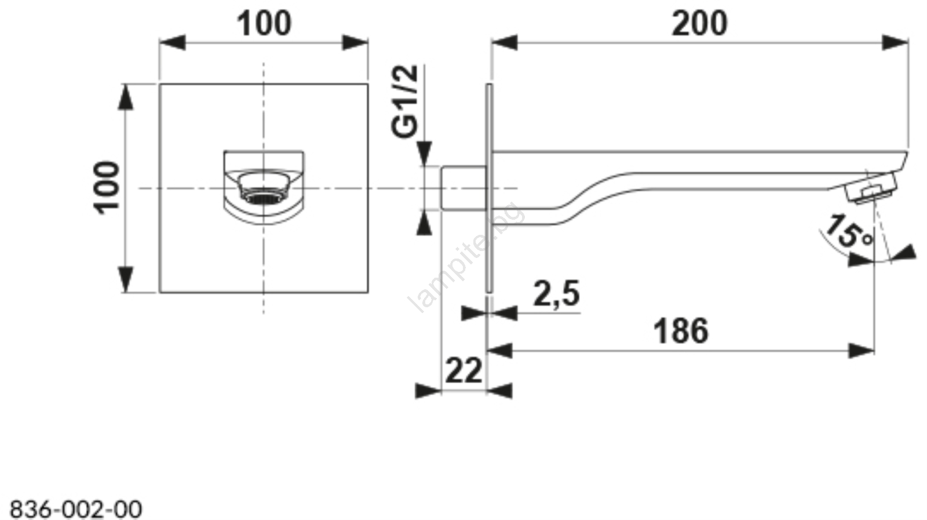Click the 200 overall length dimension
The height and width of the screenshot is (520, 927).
tap(699, 24)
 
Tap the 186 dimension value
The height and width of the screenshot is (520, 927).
tap(681, 331)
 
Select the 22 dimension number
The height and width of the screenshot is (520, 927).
tap(463, 370)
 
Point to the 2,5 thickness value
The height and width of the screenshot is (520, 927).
tap(557, 294)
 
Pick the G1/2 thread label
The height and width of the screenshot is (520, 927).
tap(405, 101)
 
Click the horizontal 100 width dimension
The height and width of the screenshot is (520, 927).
tap(264, 24)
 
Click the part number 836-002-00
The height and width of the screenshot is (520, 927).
tap(76, 509)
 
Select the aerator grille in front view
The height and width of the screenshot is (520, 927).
tap(264, 198)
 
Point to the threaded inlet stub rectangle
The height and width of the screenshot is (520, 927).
tap(463, 188)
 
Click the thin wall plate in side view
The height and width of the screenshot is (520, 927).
tap(489, 188)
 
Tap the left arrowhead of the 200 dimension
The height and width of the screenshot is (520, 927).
tap(504, 43)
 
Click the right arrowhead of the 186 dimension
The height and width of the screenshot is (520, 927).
tap(862, 351)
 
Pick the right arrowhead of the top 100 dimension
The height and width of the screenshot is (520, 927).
tap(355, 43)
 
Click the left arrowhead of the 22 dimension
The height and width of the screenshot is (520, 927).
tap(428, 391)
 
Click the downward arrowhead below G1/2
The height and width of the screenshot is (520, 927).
tap(424, 154)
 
